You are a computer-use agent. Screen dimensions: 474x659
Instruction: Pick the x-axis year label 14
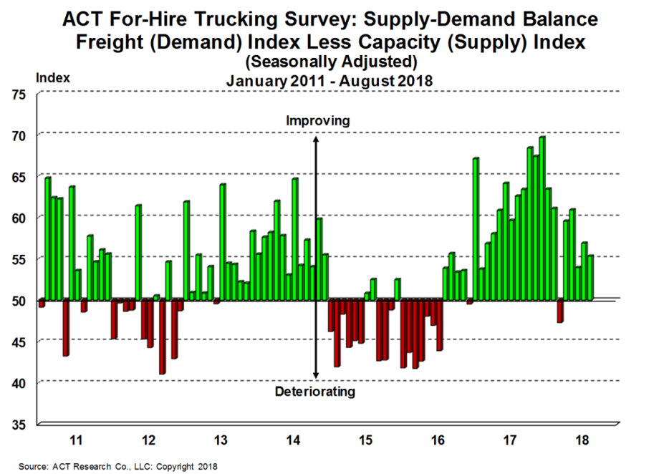294,438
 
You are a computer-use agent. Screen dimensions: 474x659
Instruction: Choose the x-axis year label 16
439,438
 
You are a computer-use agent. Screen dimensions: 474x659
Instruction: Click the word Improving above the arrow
317,121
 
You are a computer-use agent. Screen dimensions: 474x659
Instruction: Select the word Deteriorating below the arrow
315,392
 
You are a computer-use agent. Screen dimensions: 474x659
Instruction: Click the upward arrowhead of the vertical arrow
316,139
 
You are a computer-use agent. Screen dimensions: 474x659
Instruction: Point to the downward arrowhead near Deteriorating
316,377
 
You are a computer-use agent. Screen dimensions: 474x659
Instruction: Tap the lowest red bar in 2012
163,336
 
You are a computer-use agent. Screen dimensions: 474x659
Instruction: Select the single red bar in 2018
559,311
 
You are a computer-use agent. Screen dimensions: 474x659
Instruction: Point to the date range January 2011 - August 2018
329,80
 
